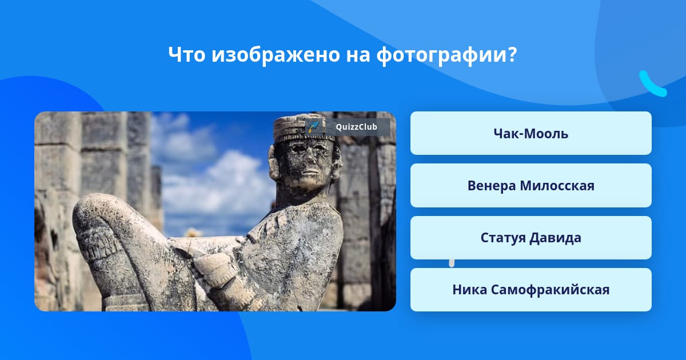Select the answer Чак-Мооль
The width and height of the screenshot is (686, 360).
(x=531, y=133)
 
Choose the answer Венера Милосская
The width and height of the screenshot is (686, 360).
(x=531, y=186)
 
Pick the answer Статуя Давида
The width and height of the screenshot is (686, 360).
(x=531, y=238)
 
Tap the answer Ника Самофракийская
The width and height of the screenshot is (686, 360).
(x=531, y=290)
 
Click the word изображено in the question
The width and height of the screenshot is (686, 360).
(x=276, y=55)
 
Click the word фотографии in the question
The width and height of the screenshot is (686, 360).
(x=441, y=55)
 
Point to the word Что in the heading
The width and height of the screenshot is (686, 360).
(x=187, y=54)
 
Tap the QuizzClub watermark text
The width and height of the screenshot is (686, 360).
(x=356, y=127)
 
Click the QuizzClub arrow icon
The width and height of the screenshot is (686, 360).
(x=314, y=127)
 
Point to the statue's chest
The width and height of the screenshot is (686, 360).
(x=294, y=239)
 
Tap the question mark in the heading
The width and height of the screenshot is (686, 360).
(x=512, y=54)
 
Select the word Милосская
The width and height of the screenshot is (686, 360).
(x=557, y=186)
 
